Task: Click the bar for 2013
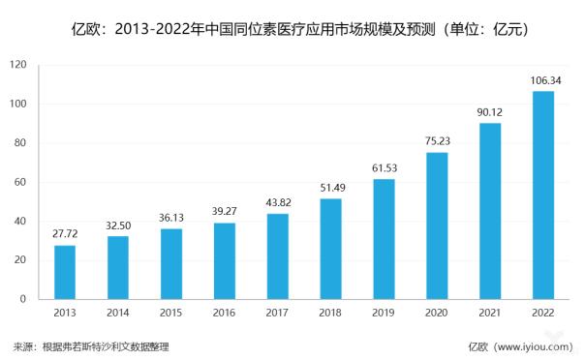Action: click(x=65, y=272)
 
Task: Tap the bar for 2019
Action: click(x=385, y=239)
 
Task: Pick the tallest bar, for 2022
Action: click(x=544, y=195)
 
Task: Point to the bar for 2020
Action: click(x=438, y=225)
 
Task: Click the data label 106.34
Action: click(x=544, y=79)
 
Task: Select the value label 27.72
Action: click(x=65, y=233)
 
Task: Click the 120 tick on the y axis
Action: click(x=18, y=66)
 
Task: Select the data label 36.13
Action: click(x=171, y=217)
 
